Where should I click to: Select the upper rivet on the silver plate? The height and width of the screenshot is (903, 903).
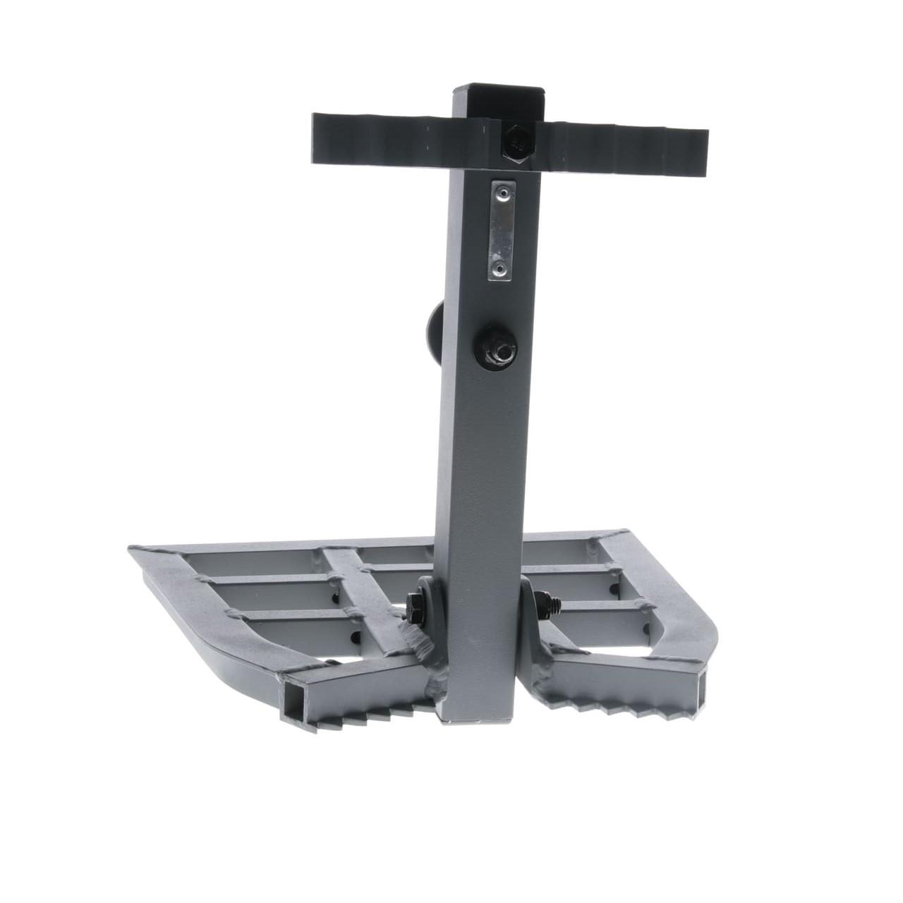tap(500, 191)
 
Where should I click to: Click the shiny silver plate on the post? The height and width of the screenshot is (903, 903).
tap(500, 230)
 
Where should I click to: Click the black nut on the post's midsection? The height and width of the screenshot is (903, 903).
tap(499, 348)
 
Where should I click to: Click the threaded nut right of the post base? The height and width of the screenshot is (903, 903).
tap(543, 602)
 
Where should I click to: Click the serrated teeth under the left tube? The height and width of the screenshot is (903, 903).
tap(367, 713)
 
